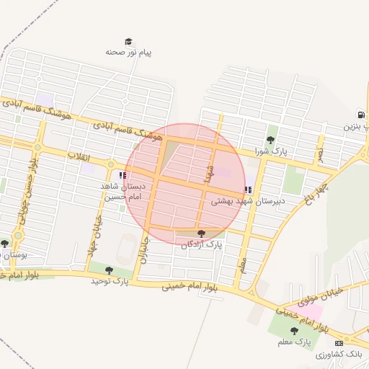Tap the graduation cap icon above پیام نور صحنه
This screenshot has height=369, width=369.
click(x=128, y=41)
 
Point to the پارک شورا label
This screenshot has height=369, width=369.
click(x=270, y=152)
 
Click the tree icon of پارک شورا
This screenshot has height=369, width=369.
click(x=270, y=140)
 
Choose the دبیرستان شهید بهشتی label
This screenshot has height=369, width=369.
click(x=248, y=203)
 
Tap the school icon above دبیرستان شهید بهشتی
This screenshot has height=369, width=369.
click(x=248, y=190)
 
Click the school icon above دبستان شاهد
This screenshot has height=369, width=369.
click(x=123, y=174)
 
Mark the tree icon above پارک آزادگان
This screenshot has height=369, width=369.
click(x=201, y=233)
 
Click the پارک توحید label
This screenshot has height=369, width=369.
click(x=109, y=281)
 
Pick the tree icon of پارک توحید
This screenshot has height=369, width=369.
click(x=109, y=270)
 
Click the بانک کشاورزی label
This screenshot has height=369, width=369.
click(x=339, y=355)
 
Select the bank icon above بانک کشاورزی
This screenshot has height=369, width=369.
click(x=339, y=343)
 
